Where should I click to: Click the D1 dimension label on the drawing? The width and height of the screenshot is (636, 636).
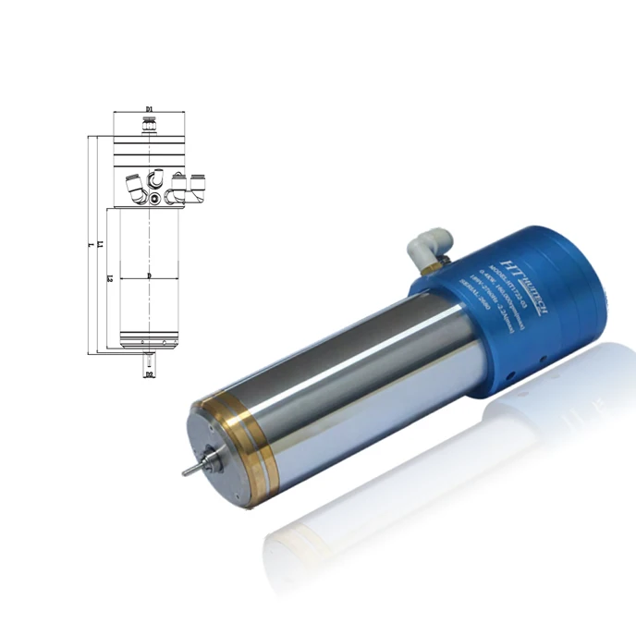click(149, 109)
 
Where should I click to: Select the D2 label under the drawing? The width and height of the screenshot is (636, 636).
click(149, 375)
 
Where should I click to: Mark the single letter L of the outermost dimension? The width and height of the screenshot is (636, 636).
click(89, 245)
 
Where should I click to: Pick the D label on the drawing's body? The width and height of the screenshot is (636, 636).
click(149, 276)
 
